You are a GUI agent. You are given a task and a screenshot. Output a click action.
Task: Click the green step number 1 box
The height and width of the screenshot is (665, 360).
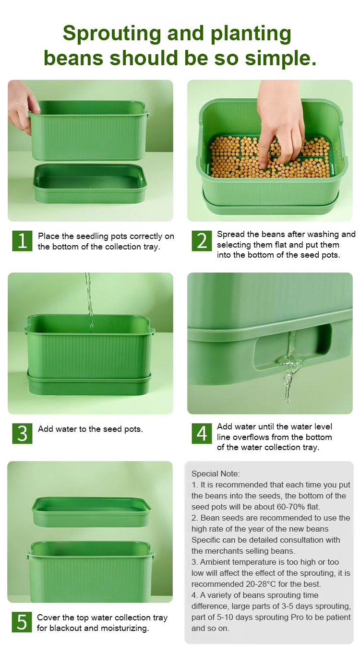click(x=22, y=241)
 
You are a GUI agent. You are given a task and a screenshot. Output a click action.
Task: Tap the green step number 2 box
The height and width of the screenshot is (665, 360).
click(x=202, y=241)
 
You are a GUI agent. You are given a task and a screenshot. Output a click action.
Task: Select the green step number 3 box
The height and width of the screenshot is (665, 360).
click(x=22, y=433)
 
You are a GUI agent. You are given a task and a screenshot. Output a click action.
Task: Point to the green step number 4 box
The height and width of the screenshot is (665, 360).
click(x=202, y=433)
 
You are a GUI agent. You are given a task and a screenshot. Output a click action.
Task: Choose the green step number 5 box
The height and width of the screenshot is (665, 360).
click(x=22, y=622)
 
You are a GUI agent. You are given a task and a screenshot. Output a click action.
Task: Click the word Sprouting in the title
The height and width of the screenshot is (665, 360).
click(x=112, y=34)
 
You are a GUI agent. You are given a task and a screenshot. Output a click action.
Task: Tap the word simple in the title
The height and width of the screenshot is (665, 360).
click(x=280, y=58)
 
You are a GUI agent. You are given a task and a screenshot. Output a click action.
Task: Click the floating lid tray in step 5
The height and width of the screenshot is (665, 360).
click(x=91, y=512)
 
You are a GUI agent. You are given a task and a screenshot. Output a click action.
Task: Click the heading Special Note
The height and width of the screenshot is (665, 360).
click(x=216, y=474)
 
